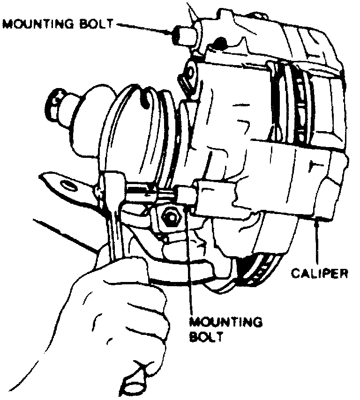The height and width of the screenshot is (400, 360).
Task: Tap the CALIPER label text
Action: click(319, 273)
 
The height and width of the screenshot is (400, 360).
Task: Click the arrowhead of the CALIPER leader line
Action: click(319, 220)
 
